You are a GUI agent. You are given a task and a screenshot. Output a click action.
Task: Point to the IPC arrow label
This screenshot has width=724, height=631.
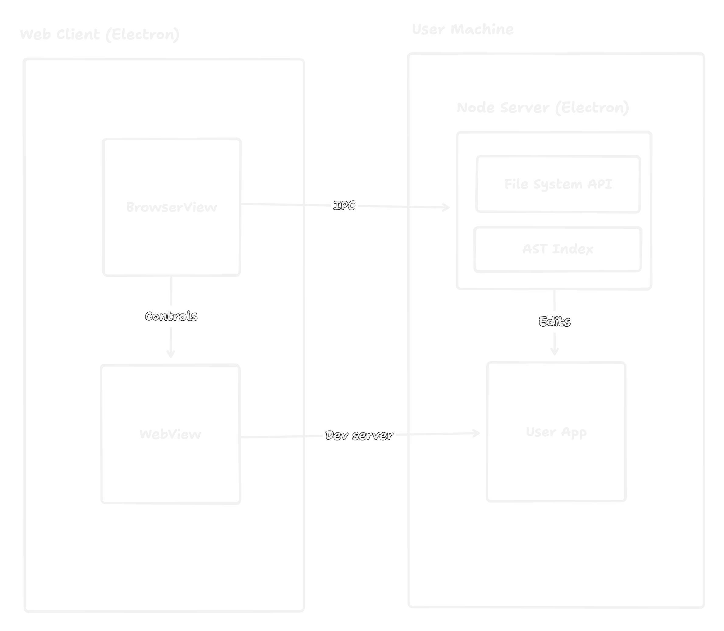[x=344, y=206]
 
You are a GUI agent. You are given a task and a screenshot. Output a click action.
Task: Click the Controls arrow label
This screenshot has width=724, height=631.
[x=171, y=316]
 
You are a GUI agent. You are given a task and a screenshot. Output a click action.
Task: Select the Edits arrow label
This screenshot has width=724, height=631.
[x=554, y=321]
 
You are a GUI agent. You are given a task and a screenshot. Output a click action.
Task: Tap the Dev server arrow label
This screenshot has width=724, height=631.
[x=359, y=436]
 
